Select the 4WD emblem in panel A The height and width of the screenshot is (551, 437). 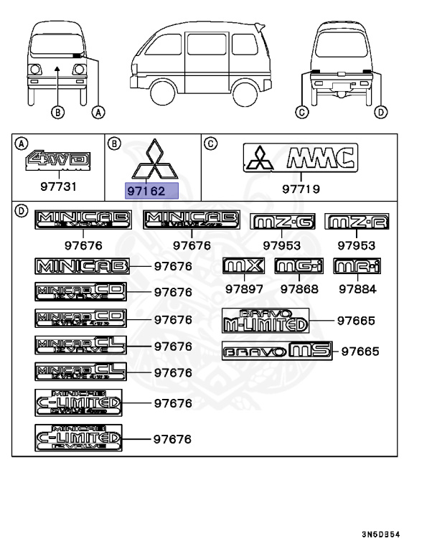tap(48, 160)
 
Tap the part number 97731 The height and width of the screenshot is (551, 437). tap(57, 186)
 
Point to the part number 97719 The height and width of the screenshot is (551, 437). tap(301, 190)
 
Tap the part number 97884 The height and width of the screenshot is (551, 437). tap(358, 289)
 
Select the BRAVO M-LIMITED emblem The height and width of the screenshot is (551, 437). tap(265, 319)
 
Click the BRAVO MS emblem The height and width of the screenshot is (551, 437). tap(277, 351)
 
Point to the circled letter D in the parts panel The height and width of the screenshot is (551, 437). tap(22, 211)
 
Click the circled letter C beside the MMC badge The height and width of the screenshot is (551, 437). tap(210, 143)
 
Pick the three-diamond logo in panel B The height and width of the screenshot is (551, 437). tap(152, 161)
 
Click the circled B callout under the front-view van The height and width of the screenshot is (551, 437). tap(58, 111)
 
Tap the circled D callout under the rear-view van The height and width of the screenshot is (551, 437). tap(381, 111)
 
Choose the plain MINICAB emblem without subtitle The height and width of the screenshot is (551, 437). tap(83, 267)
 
